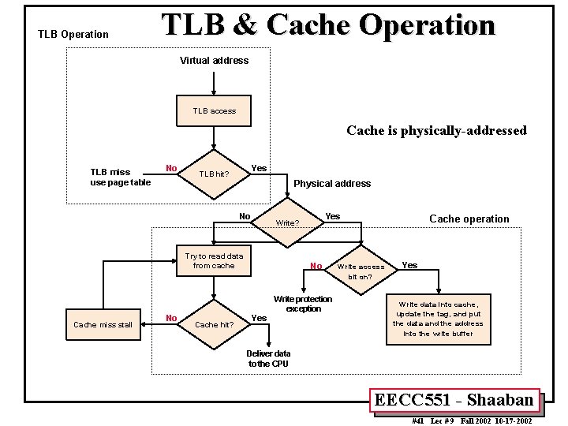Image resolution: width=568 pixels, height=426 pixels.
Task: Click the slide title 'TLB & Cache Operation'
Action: pyautogui.click(x=328, y=24)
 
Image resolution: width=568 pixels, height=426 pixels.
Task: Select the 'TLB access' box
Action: pyautogui.click(x=214, y=110)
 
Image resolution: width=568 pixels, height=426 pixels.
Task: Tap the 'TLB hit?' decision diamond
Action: pyautogui.click(x=214, y=174)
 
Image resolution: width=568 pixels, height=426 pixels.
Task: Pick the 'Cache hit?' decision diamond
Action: pyautogui.click(x=214, y=324)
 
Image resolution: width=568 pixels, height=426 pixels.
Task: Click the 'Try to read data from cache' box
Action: pyautogui.click(x=214, y=261)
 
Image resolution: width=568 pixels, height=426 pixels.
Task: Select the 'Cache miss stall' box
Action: pyautogui.click(x=103, y=324)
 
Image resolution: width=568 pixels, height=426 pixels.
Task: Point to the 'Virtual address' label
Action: pyautogui.click(x=214, y=61)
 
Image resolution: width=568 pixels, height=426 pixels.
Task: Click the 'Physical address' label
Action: pyautogui.click(x=332, y=184)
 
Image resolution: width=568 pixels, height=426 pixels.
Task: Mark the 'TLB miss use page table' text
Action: pyautogui.click(x=120, y=177)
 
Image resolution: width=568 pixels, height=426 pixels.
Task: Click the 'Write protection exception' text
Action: pyautogui.click(x=303, y=304)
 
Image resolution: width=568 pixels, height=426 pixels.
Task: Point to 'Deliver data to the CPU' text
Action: pyautogui.click(x=268, y=359)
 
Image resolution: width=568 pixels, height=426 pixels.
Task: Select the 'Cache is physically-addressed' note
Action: pyautogui.click(x=436, y=131)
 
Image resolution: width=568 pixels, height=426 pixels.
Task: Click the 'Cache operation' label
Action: pyautogui.click(x=469, y=219)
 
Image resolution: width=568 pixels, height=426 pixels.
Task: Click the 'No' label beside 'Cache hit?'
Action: pyautogui.click(x=171, y=318)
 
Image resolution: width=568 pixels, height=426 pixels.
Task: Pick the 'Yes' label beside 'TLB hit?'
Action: pyautogui.click(x=258, y=168)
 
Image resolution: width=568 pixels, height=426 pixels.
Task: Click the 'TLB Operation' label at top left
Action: pyautogui.click(x=73, y=35)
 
